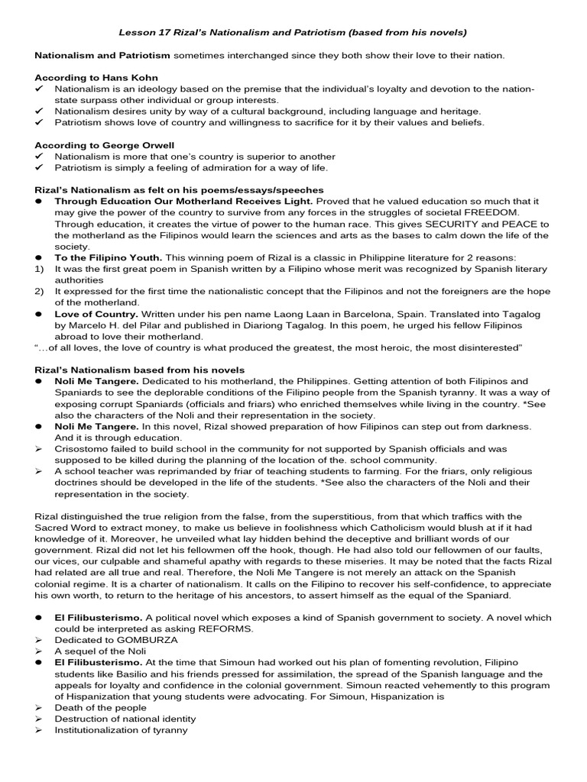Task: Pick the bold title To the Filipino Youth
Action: (108, 257)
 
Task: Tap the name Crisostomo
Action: (83, 449)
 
